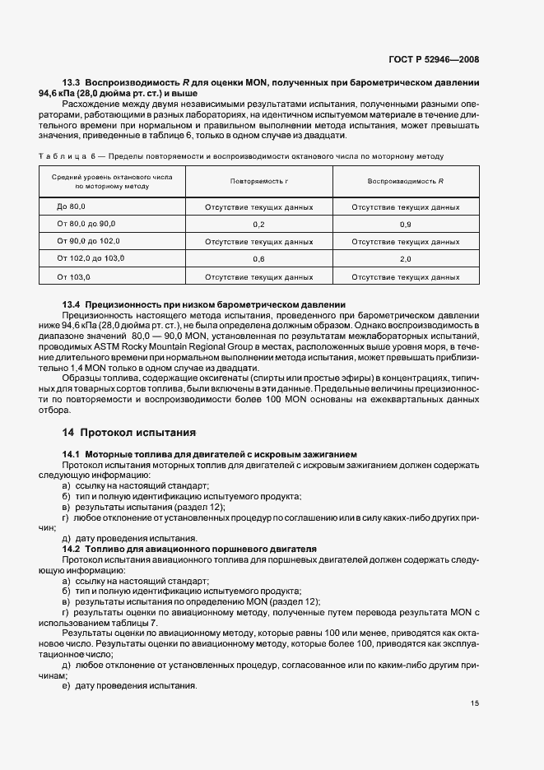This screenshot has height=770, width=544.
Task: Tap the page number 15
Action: click(x=475, y=703)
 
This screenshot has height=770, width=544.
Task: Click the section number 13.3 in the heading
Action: click(x=72, y=83)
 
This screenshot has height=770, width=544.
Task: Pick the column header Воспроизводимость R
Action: click(x=406, y=181)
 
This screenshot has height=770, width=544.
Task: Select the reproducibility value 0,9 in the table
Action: click(x=406, y=225)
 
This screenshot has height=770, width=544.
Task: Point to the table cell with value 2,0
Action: click(x=406, y=259)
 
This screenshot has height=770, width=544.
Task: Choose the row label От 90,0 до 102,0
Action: click(x=89, y=242)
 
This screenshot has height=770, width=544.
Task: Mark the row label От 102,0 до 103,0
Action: click(x=91, y=259)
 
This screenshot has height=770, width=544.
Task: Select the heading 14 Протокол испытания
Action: click(x=129, y=432)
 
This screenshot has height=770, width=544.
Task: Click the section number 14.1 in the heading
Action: click(x=72, y=454)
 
